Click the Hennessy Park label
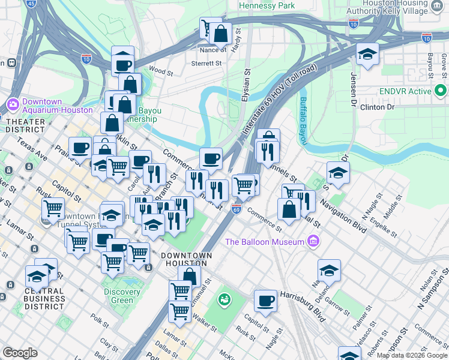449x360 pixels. (267, 5)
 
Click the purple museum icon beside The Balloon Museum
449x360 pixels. (312, 241)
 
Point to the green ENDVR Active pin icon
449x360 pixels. (441, 92)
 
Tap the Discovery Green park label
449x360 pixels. (122, 296)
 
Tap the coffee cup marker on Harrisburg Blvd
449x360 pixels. (265, 301)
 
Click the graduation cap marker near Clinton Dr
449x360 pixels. (367, 55)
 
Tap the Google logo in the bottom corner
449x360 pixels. (20, 353)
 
